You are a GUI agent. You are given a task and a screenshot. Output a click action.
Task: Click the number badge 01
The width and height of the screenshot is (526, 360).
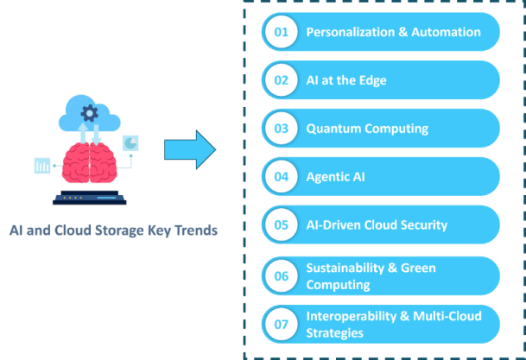(281, 33)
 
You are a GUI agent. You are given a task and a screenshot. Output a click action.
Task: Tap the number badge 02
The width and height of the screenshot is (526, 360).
(281, 80)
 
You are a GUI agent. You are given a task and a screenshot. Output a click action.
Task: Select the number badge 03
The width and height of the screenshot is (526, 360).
(281, 129)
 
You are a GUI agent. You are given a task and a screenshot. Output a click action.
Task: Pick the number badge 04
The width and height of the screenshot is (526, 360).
(281, 177)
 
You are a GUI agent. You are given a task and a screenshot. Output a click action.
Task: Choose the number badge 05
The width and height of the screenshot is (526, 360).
(281, 225)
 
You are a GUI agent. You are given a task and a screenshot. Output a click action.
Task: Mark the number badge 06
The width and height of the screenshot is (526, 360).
(281, 276)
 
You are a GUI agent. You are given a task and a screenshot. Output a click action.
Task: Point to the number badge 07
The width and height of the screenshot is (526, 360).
(281, 324)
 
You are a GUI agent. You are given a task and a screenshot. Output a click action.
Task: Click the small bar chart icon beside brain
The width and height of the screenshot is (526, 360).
(42, 165)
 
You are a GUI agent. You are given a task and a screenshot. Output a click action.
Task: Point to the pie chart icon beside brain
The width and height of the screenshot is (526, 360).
(131, 142)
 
